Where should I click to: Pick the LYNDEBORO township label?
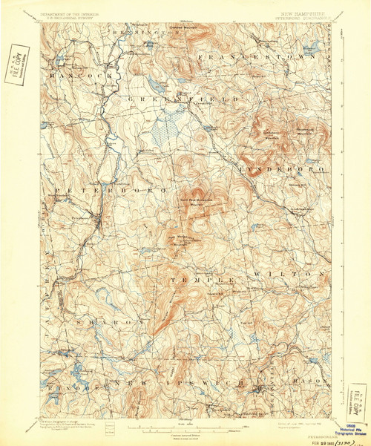pyautogui.click(x=281, y=170)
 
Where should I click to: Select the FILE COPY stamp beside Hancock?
pyautogui.click(x=14, y=62)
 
